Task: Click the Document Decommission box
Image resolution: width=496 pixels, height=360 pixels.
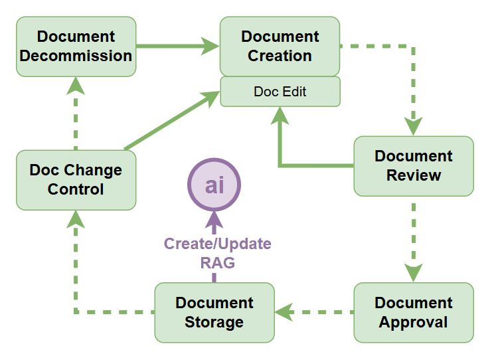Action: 76,46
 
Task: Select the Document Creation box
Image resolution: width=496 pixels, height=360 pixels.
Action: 280,46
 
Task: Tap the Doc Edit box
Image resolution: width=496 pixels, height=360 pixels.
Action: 280,92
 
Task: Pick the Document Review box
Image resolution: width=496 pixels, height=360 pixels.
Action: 413,166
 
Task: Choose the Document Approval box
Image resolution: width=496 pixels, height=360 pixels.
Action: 413,312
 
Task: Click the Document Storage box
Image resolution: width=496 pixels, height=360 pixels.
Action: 214,312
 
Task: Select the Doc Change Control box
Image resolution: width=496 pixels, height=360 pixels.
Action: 76,179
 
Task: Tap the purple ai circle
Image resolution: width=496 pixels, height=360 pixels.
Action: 214,185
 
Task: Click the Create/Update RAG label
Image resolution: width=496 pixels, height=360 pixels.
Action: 217,253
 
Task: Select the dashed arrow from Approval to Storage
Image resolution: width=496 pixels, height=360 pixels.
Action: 314,311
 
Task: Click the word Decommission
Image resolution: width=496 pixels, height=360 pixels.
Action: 76,56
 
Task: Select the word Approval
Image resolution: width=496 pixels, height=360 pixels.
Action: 413,322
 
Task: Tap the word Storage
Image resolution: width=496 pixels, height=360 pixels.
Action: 214,322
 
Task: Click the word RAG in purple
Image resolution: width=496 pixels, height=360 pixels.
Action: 217,263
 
